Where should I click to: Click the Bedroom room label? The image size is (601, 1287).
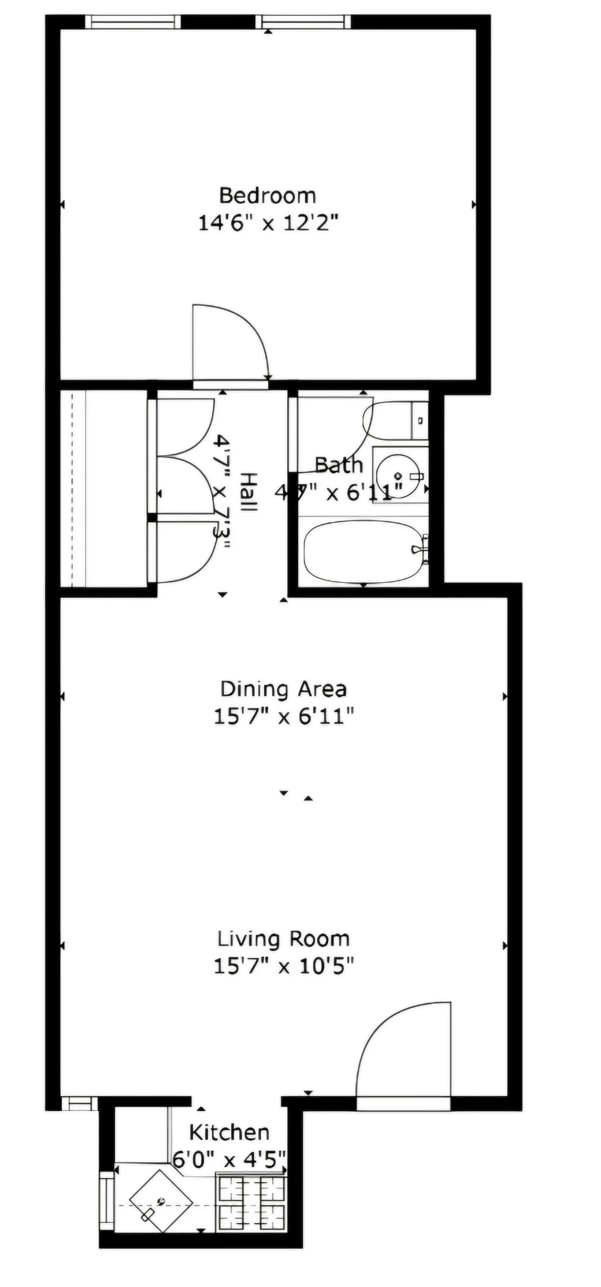(x=268, y=195)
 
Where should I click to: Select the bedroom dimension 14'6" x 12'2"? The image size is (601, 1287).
(x=268, y=222)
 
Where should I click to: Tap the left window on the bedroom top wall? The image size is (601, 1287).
(x=132, y=22)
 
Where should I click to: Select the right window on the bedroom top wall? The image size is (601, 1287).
(x=303, y=22)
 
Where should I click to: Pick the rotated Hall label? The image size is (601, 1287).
(x=248, y=492)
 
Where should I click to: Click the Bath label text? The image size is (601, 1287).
(x=339, y=466)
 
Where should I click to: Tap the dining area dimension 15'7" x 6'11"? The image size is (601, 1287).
(x=283, y=717)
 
